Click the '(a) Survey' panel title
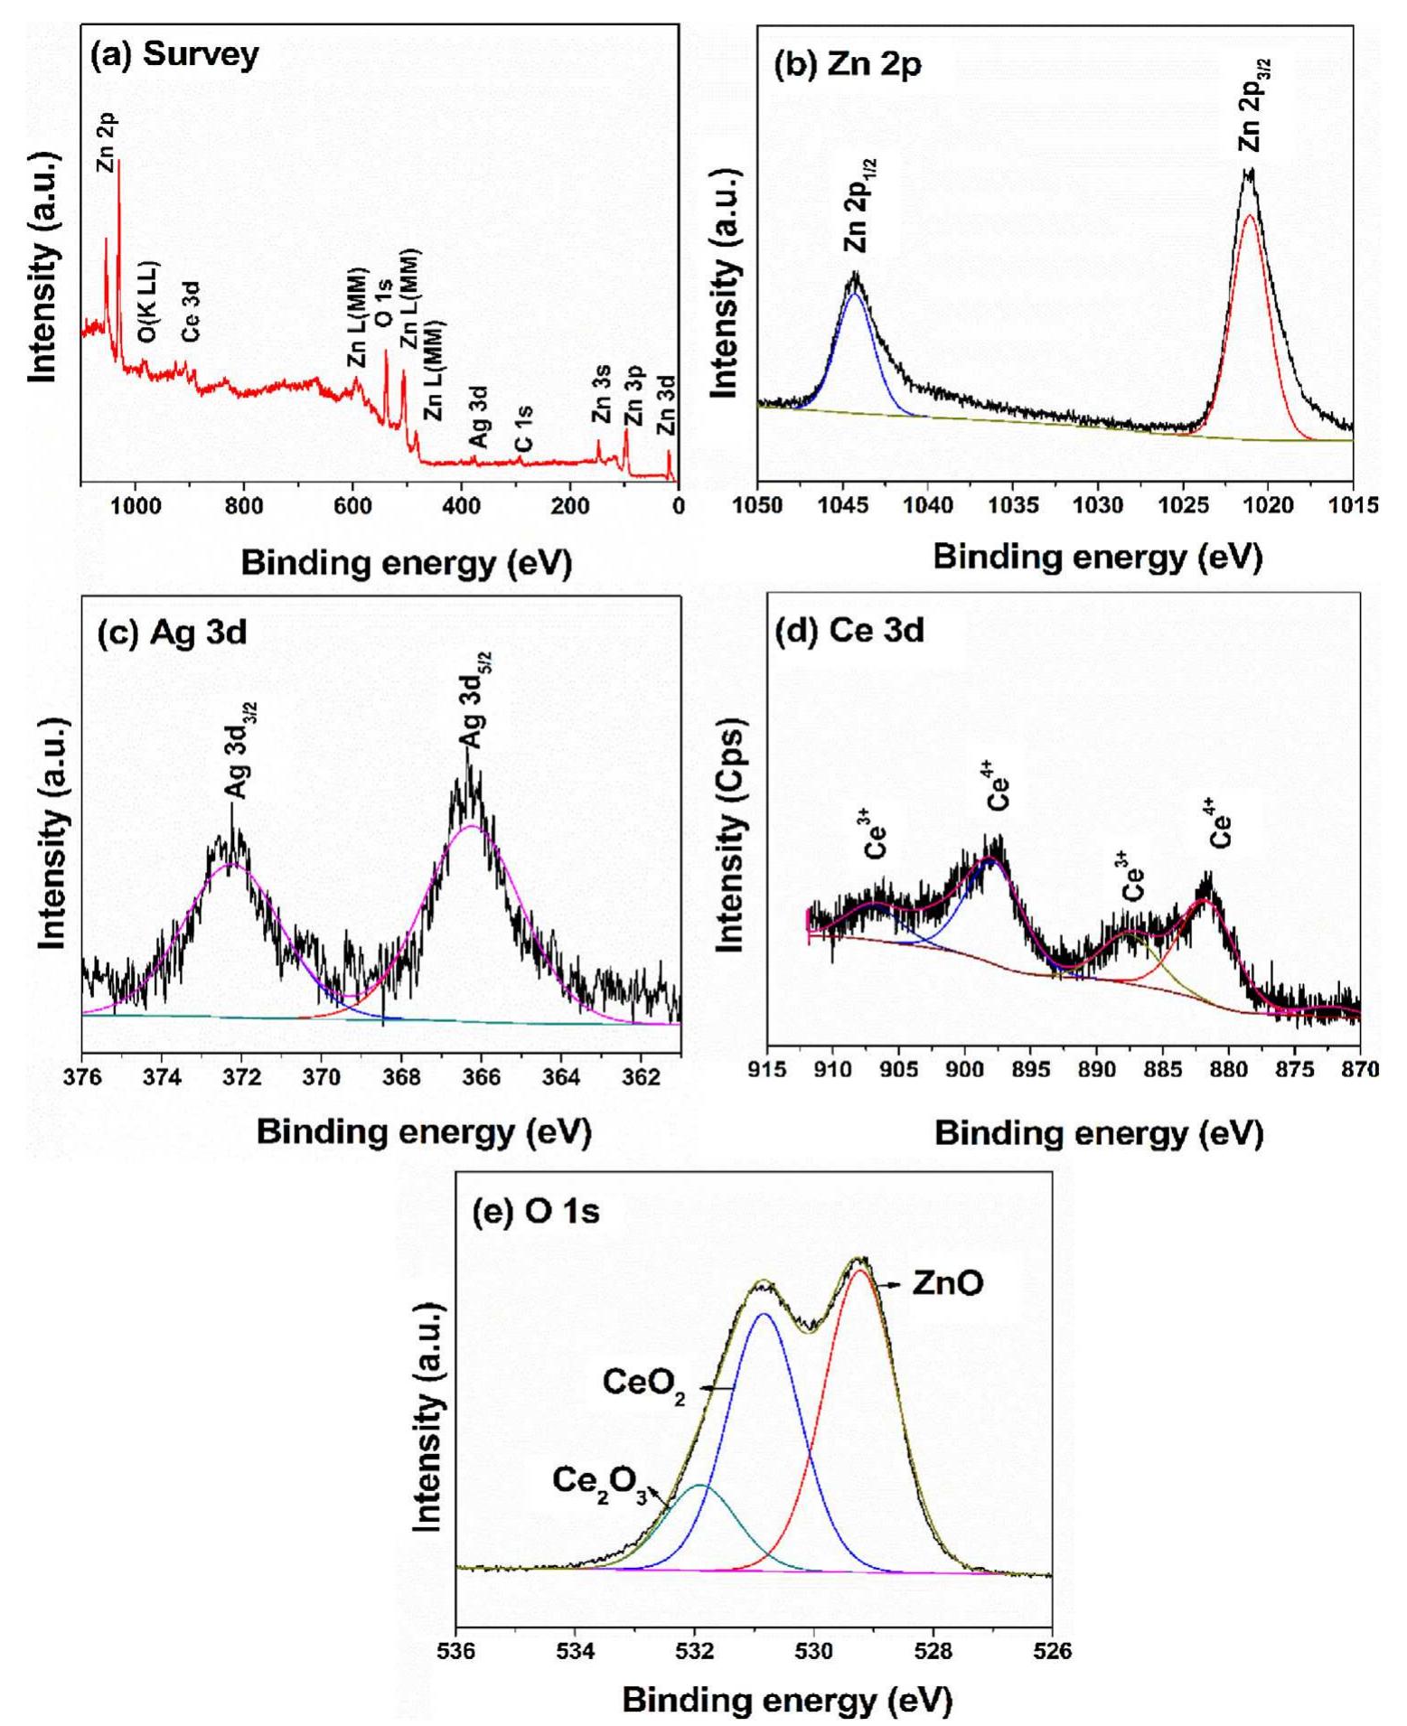[x=174, y=55]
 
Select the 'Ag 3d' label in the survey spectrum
[x=479, y=417]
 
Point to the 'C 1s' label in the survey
[x=522, y=428]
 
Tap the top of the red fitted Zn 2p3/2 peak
[x=1249, y=215]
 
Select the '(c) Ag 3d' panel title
[x=172, y=632]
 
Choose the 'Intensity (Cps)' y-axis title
[x=729, y=836]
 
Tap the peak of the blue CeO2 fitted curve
[x=764, y=1314]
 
